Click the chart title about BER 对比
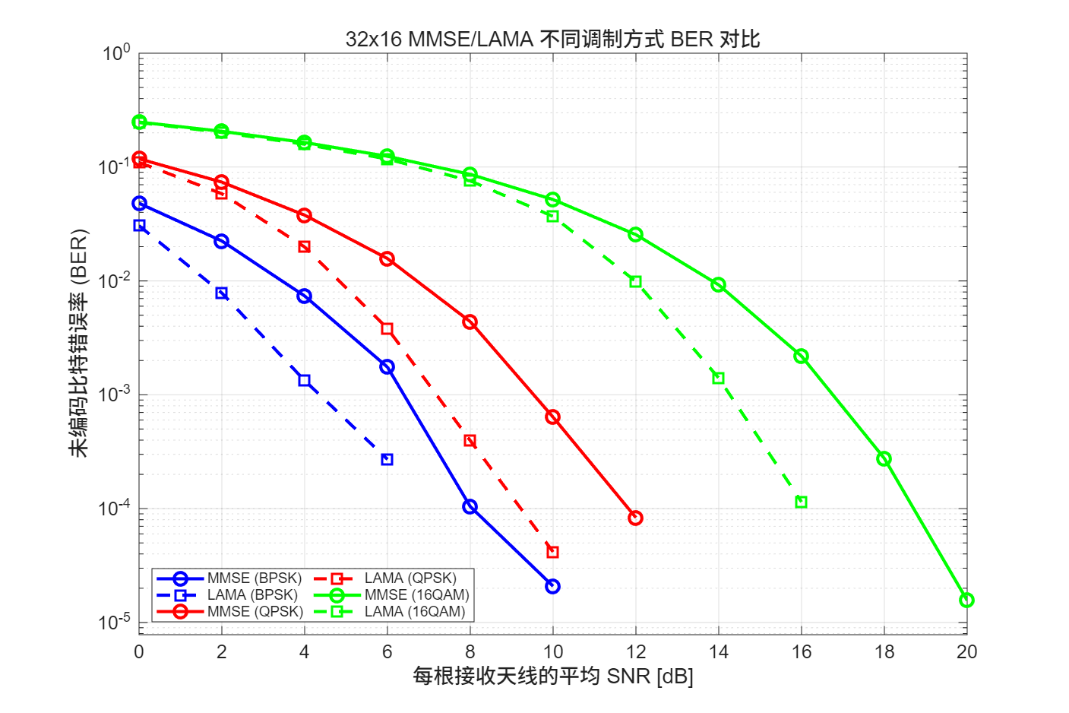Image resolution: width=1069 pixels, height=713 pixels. [x=552, y=39]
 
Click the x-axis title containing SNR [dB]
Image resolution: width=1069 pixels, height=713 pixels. [x=552, y=676]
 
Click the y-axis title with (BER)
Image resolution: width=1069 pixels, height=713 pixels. [x=79, y=343]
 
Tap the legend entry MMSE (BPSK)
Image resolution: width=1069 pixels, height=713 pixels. [x=254, y=578]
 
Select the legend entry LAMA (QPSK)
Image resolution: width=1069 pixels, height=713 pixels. [x=410, y=578]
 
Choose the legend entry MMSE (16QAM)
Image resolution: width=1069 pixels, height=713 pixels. [x=416, y=595]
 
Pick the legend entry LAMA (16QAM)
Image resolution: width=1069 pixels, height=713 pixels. [x=414, y=612]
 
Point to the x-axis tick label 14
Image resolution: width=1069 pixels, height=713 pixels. [x=718, y=652]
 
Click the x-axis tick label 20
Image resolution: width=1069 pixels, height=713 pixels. [x=966, y=652]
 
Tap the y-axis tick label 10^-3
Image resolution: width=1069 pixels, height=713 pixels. [x=115, y=395]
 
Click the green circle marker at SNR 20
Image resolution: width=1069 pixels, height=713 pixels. [x=966, y=601]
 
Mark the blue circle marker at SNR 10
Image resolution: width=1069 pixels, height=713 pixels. [x=552, y=587]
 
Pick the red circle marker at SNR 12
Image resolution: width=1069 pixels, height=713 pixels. [x=635, y=518]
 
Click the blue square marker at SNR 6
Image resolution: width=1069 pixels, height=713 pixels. [x=387, y=460]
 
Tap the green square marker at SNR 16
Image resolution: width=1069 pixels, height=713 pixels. [x=801, y=502]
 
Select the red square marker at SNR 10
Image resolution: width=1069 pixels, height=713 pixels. [x=552, y=553]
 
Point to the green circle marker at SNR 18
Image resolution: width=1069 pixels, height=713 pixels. [x=884, y=459]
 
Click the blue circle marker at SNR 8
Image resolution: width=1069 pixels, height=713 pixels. [x=470, y=507]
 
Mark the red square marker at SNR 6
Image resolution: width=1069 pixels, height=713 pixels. [x=387, y=329]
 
